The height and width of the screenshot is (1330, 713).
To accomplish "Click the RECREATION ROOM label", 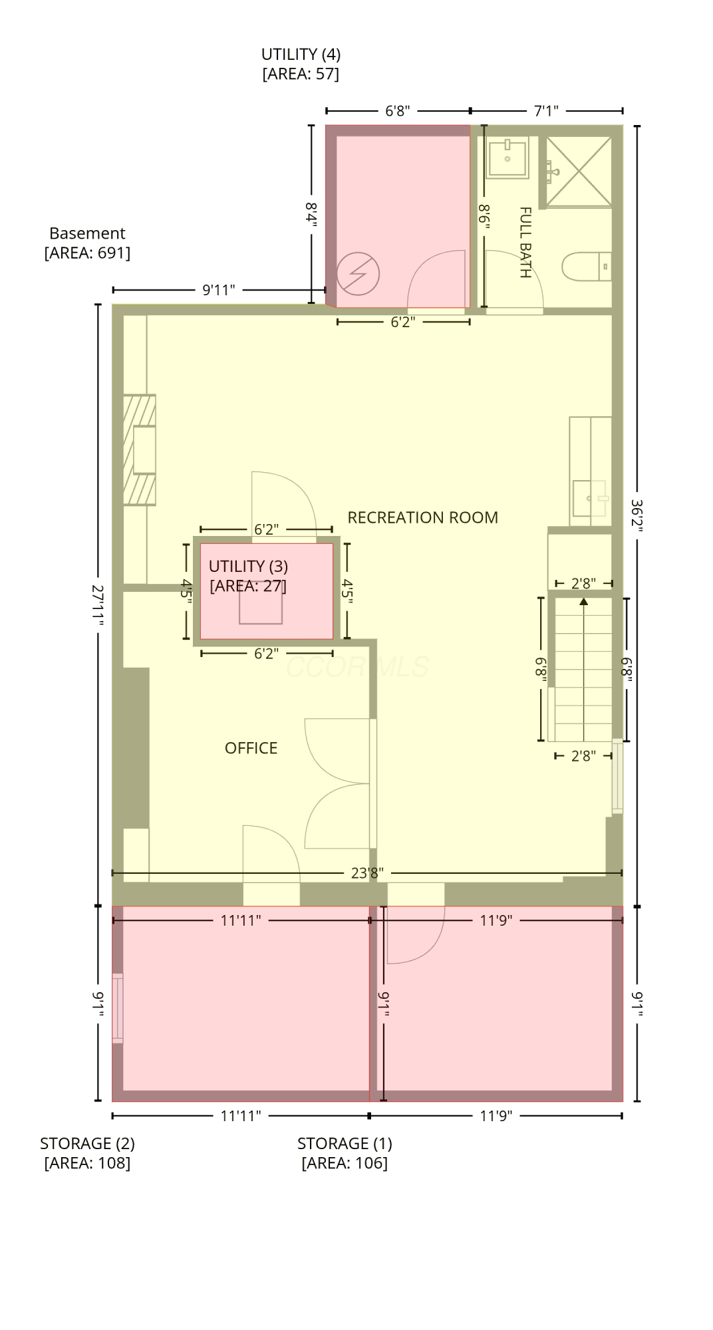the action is coord(422,517).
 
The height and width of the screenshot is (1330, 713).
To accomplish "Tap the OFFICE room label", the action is coord(251,748).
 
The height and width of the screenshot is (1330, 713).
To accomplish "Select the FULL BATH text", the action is coord(525,242).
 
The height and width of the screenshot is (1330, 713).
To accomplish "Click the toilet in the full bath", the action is coord(586,267).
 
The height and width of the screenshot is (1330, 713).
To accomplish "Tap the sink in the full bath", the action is coord(507,158).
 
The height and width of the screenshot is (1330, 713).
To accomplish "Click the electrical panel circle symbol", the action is coord(358,273).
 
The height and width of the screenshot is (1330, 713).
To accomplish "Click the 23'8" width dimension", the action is coord(367,872).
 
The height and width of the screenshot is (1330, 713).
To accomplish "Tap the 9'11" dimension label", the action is coord(219,290).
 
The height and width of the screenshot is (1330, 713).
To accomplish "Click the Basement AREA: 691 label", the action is coord(87,243).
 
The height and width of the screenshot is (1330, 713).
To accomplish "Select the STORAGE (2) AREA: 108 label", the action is coord(87,1152).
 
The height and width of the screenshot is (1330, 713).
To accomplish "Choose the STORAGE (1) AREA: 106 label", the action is coord(345,1152).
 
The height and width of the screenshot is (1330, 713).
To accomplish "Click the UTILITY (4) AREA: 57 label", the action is coord(301,64).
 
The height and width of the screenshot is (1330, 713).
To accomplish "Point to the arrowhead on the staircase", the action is coord(584,602).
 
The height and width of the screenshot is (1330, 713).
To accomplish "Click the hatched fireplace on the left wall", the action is coord(140,450).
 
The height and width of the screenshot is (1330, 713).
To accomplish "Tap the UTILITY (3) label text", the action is coord(248,566).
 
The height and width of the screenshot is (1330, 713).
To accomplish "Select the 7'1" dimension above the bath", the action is coord(546,110).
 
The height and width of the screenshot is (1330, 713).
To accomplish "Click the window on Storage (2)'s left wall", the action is coord(118,1007).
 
